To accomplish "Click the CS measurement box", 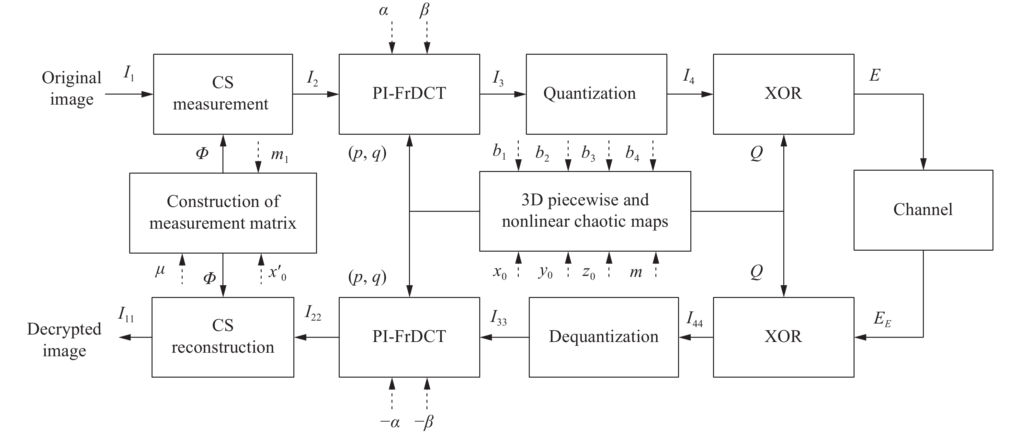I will point(222,94).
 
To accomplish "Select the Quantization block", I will point(596,94).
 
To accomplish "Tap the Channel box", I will point(923,210).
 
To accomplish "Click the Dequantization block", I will point(604,337).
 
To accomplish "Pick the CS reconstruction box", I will point(222,337).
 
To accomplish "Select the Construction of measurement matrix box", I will point(222,213).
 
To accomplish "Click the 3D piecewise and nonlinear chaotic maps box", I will point(585,211).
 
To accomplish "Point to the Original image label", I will point(72,88).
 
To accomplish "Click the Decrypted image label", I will point(64,339).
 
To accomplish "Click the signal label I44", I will point(694,319).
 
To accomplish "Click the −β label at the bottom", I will point(424,422).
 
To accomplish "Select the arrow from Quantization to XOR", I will point(690,94).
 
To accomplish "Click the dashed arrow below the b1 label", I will point(518,155).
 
